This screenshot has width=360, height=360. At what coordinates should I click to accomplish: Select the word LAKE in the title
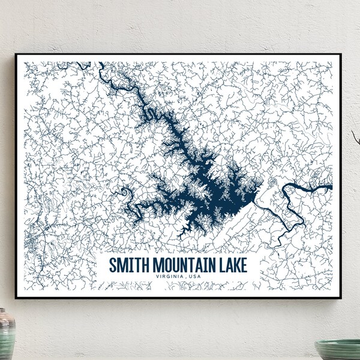(232, 265)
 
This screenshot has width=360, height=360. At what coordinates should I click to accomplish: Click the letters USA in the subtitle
(196, 276)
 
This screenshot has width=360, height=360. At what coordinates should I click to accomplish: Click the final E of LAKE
(244, 265)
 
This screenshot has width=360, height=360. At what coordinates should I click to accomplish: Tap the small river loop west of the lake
(125, 194)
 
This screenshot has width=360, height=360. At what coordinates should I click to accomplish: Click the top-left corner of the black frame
(16, 55)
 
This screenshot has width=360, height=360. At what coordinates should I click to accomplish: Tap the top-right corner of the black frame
(341, 55)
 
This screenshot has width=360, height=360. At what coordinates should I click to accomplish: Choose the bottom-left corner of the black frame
(16, 298)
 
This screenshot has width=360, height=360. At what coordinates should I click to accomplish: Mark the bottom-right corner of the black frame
(341, 298)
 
